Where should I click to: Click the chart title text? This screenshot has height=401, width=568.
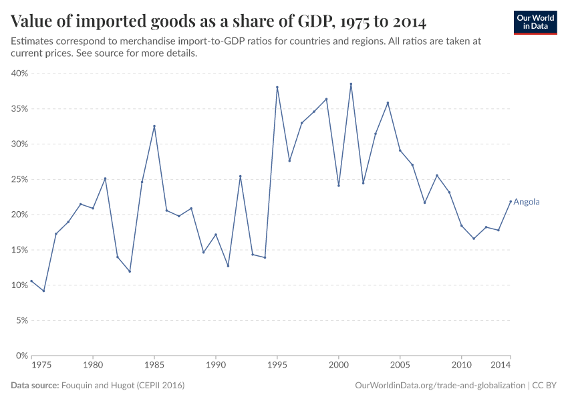tap(219, 21)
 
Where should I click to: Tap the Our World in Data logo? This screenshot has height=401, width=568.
tap(535, 22)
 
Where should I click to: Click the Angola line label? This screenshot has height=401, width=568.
tap(527, 202)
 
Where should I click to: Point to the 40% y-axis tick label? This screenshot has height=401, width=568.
tap(19, 74)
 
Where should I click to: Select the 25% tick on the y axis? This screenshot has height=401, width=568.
tap(19, 179)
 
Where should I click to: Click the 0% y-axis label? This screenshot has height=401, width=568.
tap(21, 356)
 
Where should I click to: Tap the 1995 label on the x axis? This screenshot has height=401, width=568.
tap(277, 366)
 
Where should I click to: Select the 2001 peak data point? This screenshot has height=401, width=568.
tap(351, 84)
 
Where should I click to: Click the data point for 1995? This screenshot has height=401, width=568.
tap(277, 88)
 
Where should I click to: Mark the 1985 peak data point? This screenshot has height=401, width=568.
tap(154, 126)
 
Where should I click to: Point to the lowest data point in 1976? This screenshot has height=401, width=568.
tap(43, 291)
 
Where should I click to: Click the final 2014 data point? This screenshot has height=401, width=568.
tap(511, 201)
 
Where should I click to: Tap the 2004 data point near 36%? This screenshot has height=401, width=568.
tap(388, 103)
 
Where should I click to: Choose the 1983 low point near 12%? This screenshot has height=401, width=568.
tap(130, 271)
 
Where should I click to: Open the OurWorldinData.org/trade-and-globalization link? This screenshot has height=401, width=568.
tap(440, 386)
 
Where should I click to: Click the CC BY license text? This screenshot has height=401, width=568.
tap(545, 386)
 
